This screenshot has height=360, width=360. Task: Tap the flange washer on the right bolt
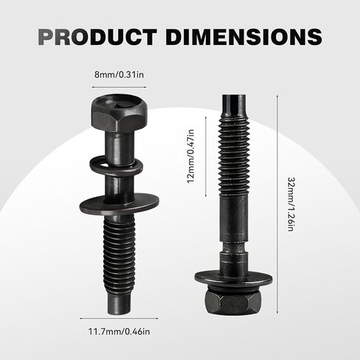[234, 279]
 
